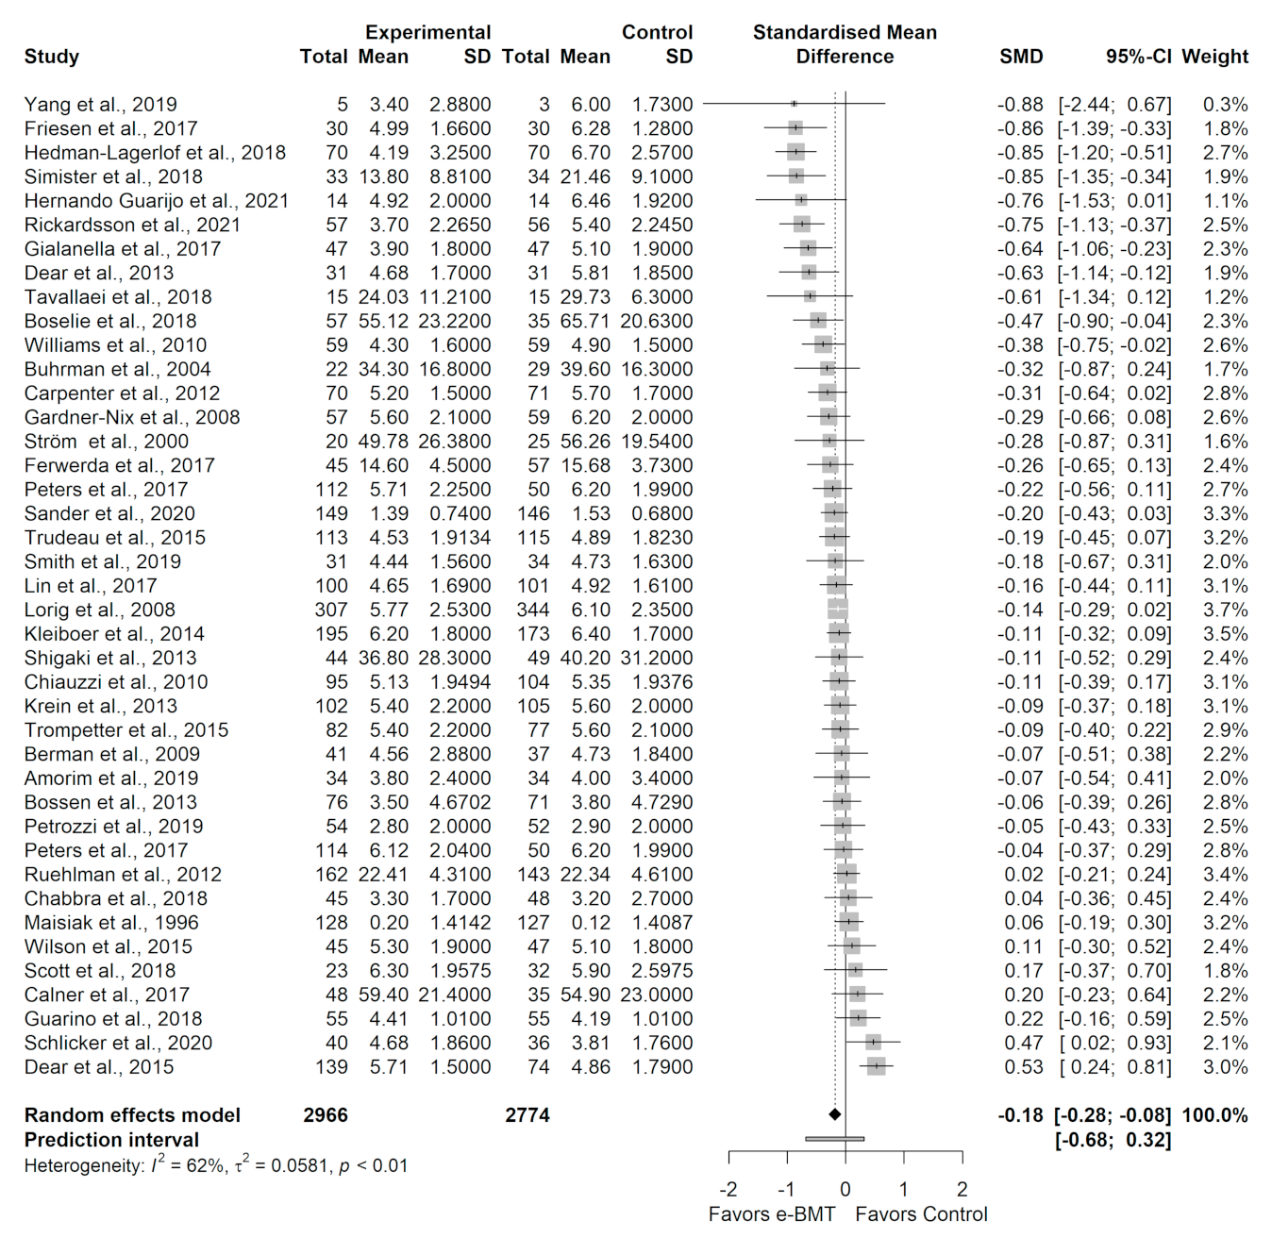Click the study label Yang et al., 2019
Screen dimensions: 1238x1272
(x=101, y=105)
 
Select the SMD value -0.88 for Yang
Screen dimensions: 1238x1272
(x=1020, y=105)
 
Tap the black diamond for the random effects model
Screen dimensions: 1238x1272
(x=834, y=1115)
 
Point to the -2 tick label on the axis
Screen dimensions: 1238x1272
(x=728, y=1189)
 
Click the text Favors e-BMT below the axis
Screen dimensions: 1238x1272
(x=772, y=1214)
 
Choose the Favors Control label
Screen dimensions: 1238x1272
(x=921, y=1214)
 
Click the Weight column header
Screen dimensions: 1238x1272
(x=1214, y=57)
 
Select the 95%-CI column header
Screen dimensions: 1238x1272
(x=1138, y=57)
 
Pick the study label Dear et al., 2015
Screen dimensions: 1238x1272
(x=99, y=1067)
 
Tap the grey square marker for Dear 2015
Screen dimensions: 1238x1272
(x=877, y=1067)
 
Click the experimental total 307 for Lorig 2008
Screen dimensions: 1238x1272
(x=331, y=610)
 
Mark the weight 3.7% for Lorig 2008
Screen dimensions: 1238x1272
(x=1225, y=610)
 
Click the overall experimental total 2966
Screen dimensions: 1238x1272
(x=326, y=1115)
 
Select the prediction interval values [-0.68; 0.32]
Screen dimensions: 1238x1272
(x=1113, y=1140)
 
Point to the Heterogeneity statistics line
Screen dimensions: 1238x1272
(x=216, y=1165)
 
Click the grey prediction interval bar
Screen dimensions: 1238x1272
(x=835, y=1139)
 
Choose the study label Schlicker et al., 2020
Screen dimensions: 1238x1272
(x=118, y=1043)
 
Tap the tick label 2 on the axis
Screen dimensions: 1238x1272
(x=962, y=1189)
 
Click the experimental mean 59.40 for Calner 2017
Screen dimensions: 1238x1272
(x=383, y=995)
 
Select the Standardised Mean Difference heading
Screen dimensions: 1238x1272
(x=845, y=44)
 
